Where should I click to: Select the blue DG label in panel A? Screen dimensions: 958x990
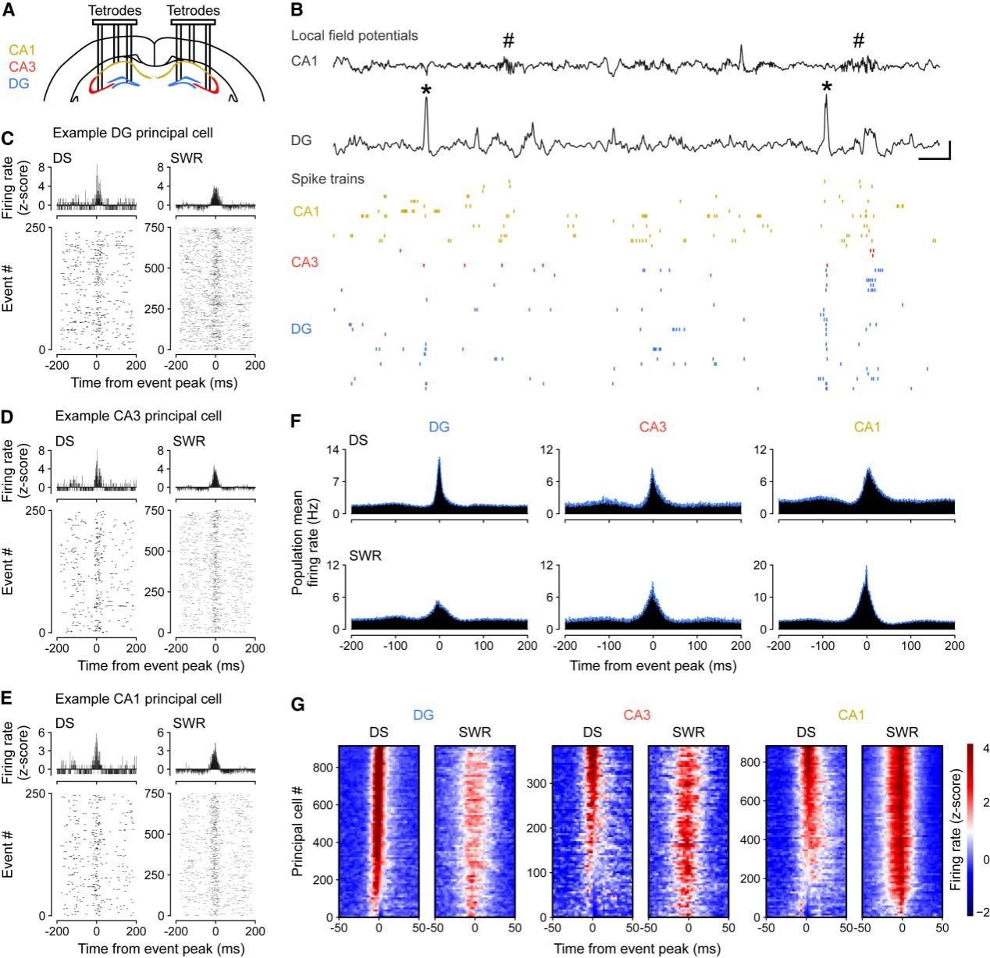click(x=20, y=81)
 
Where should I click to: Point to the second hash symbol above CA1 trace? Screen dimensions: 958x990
click(x=859, y=41)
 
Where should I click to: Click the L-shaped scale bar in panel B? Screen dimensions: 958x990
click(x=935, y=152)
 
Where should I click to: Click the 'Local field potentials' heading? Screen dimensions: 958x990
click(x=354, y=35)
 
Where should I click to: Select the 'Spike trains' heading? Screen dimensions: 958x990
click(x=328, y=179)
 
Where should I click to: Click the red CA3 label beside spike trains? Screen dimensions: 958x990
click(x=305, y=262)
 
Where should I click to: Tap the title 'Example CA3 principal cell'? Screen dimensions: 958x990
click(x=138, y=416)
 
